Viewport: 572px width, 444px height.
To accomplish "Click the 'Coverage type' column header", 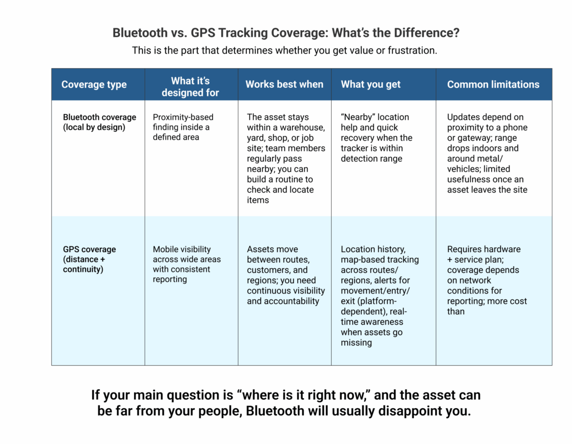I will [x=94, y=84].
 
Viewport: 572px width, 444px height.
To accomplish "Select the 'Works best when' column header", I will [x=284, y=84].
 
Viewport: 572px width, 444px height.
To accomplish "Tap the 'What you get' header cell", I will [x=370, y=84].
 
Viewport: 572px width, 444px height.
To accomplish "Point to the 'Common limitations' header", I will [x=493, y=84].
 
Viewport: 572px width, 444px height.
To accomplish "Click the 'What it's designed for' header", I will [x=190, y=86].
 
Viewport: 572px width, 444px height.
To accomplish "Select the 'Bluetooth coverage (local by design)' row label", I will [x=99, y=122].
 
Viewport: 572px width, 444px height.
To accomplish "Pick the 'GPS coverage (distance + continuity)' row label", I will [x=89, y=259].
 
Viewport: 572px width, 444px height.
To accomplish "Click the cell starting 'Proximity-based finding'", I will [x=183, y=127].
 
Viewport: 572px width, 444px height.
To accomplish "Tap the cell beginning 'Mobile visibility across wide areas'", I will [x=187, y=264].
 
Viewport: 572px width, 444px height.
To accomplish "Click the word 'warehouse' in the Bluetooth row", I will [x=303, y=127].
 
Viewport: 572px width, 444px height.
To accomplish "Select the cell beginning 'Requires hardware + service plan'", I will [x=487, y=280].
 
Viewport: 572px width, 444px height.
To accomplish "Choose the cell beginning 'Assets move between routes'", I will [x=285, y=275].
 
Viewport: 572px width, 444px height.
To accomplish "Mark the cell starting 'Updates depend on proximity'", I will [x=487, y=153].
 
